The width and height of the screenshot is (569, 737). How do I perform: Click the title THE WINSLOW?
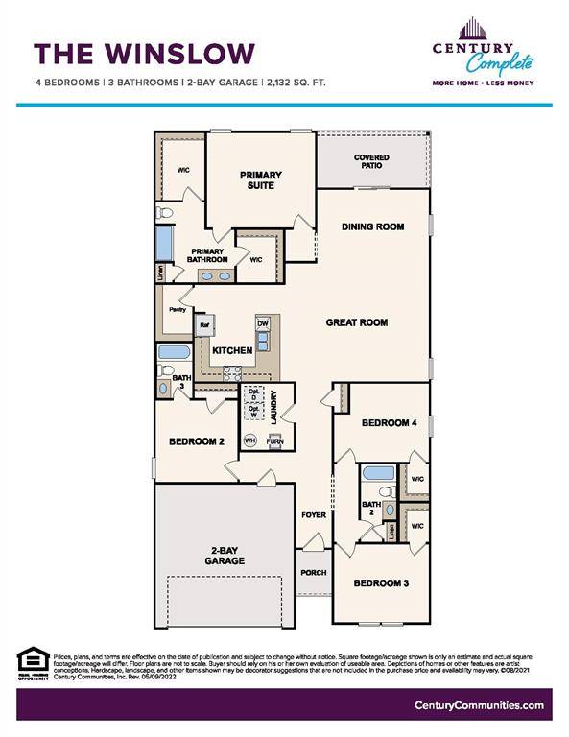click(x=144, y=52)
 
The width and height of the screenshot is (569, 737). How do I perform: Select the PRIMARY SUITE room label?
click(x=261, y=180)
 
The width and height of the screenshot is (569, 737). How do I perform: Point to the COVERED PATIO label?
click(x=371, y=161)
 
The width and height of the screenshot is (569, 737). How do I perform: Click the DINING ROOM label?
click(x=373, y=227)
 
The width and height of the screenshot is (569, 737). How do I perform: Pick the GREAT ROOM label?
click(x=356, y=322)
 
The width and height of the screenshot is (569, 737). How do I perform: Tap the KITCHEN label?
click(x=232, y=351)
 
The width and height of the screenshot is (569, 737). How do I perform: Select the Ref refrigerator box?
click(x=204, y=325)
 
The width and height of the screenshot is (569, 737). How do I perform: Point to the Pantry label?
click(x=178, y=310)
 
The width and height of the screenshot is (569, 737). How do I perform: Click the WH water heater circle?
click(x=249, y=440)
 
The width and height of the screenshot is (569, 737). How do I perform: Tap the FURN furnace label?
click(x=274, y=441)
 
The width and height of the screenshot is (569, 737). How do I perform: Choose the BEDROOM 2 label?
click(x=196, y=441)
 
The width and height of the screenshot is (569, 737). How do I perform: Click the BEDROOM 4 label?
click(x=389, y=423)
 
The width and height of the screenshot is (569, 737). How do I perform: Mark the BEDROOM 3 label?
click(x=381, y=583)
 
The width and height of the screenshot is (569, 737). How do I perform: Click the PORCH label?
click(x=312, y=573)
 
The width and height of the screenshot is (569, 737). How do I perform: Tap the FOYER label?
click(x=314, y=515)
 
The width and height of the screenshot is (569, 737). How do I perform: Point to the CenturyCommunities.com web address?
click(x=480, y=705)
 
